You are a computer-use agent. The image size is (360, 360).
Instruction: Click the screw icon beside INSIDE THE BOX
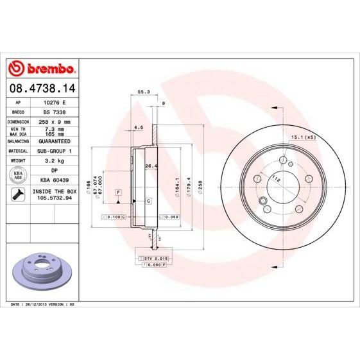(18, 194)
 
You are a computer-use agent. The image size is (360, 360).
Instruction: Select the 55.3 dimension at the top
(144, 92)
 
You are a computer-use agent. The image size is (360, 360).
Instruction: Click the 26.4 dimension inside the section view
(151, 166)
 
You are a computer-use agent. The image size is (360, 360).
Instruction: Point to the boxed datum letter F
(119, 193)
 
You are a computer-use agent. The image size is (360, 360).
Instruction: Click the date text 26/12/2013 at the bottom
(35, 303)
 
